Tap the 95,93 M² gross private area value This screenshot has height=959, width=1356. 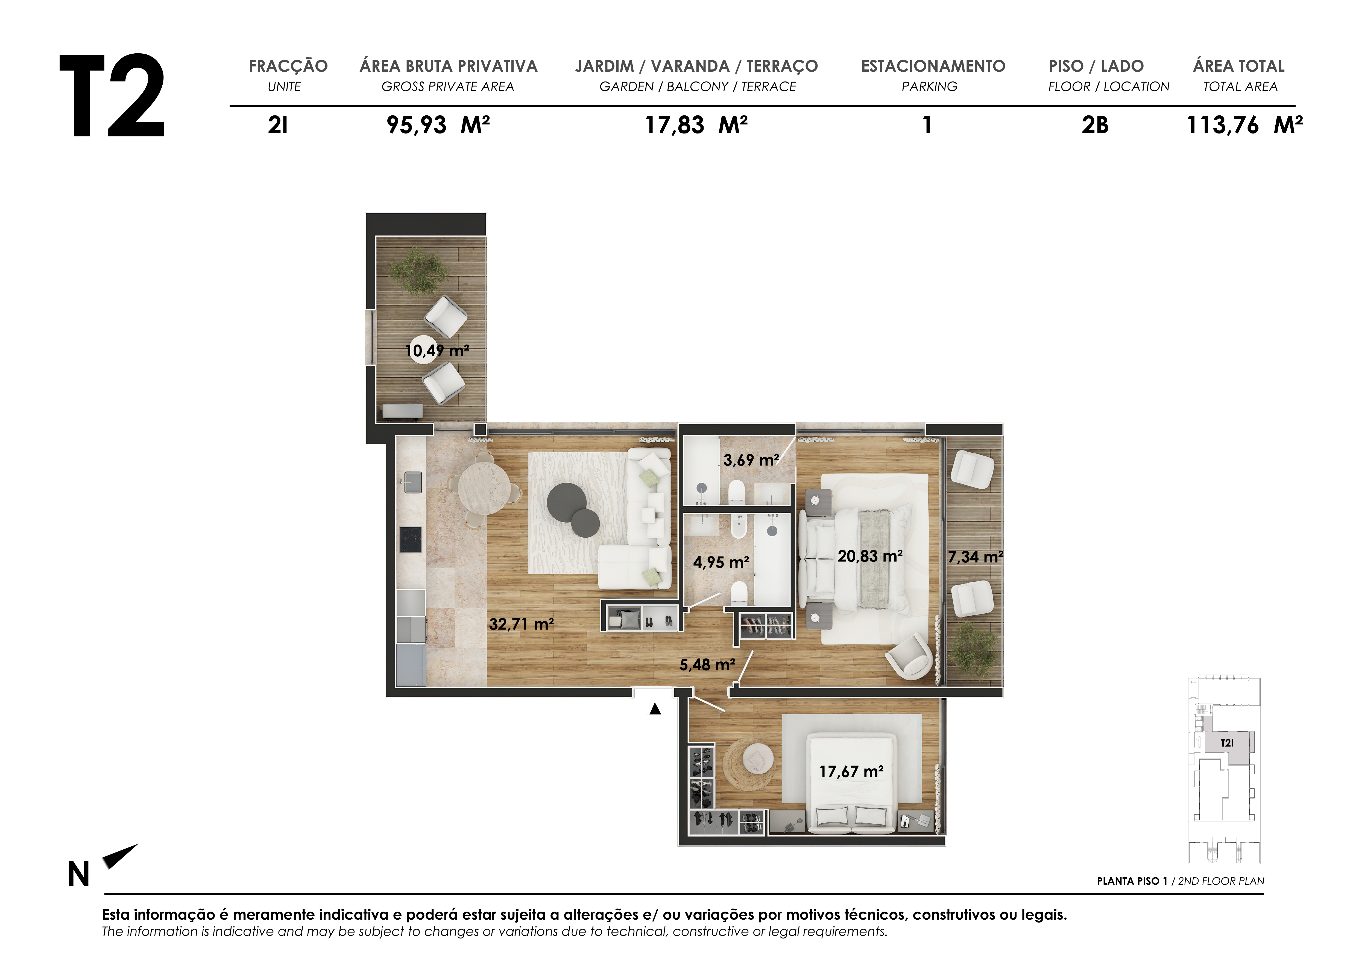coord(438,125)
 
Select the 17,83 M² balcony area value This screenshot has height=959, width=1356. coord(696,125)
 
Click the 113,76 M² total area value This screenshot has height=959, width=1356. coord(1244,125)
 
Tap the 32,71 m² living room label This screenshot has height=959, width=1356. coord(522,624)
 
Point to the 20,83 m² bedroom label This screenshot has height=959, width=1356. coord(870,556)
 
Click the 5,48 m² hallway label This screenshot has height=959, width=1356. coord(707,665)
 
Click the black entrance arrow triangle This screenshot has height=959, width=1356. coord(655,709)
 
